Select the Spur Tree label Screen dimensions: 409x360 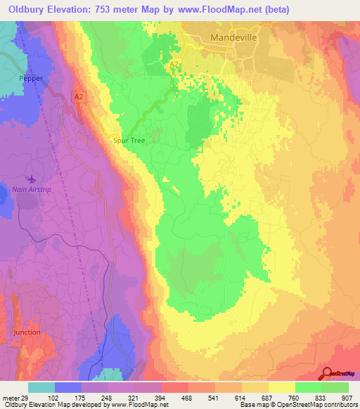[x=129, y=141]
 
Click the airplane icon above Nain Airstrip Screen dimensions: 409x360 [x=31, y=178]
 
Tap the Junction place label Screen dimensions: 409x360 [x=27, y=332]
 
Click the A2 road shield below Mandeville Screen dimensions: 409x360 [x=174, y=65]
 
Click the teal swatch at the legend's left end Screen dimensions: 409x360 [x=41, y=387]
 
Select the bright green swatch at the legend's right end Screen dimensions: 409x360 [x=335, y=387]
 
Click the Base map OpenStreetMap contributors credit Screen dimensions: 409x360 [x=298, y=405]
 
